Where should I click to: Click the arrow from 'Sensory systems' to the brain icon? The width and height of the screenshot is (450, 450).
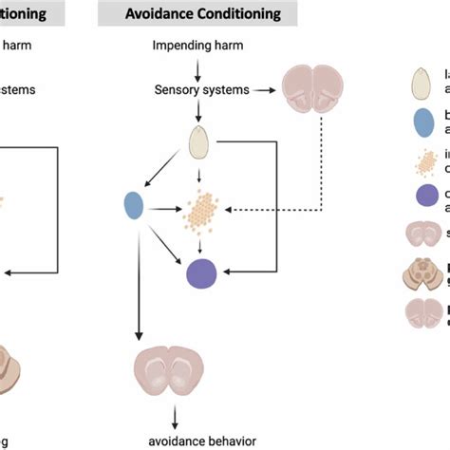coord(261,91)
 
